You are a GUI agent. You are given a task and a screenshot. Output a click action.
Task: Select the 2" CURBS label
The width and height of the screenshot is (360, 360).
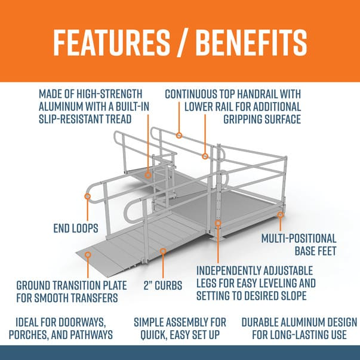(163, 285)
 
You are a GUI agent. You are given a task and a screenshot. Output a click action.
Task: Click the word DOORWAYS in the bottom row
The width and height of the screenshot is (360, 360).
(80, 322)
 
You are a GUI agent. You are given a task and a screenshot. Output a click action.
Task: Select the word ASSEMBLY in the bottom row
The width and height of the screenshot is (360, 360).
(181, 322)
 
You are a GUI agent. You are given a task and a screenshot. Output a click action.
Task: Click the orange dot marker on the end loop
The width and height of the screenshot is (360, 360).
(87, 196)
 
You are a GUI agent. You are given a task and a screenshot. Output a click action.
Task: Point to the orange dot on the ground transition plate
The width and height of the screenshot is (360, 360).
(87, 254)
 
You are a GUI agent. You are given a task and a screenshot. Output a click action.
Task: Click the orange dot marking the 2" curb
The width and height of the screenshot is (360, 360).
(162, 251)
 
